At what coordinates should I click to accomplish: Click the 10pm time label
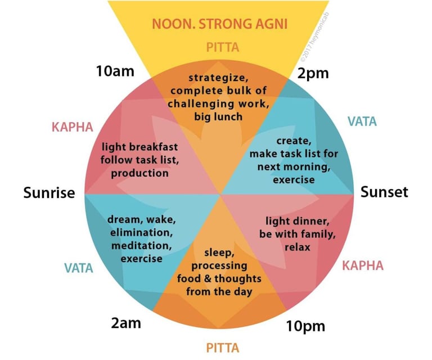tap(305, 326)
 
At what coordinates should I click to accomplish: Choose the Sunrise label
tap(49, 193)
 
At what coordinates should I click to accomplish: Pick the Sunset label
tap(384, 192)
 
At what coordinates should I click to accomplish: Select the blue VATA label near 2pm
tap(362, 121)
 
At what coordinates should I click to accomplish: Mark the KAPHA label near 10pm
tap(363, 264)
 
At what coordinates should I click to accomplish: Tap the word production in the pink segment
tap(140, 173)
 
